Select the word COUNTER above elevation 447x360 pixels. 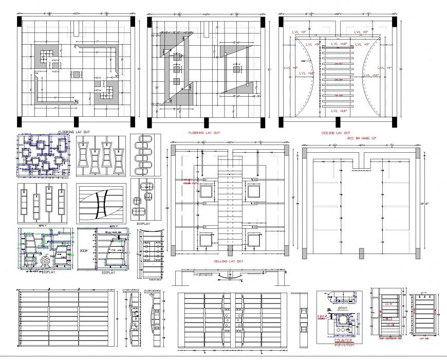[343, 340]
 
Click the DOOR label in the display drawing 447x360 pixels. [84, 250]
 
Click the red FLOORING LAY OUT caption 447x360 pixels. [204, 133]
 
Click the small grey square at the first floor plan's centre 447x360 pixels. [76, 75]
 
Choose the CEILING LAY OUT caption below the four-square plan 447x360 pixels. [228, 261]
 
